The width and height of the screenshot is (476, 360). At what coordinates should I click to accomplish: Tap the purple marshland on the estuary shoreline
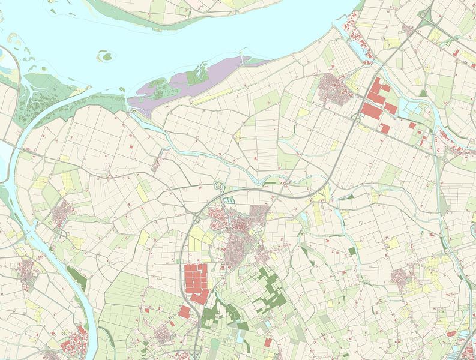180,84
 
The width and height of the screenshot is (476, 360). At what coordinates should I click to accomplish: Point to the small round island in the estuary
106,57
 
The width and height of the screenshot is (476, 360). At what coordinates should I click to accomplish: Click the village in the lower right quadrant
400,277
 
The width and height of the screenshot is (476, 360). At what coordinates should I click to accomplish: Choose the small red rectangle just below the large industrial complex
184,311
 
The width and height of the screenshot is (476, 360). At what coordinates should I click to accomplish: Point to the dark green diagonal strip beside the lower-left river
76,279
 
